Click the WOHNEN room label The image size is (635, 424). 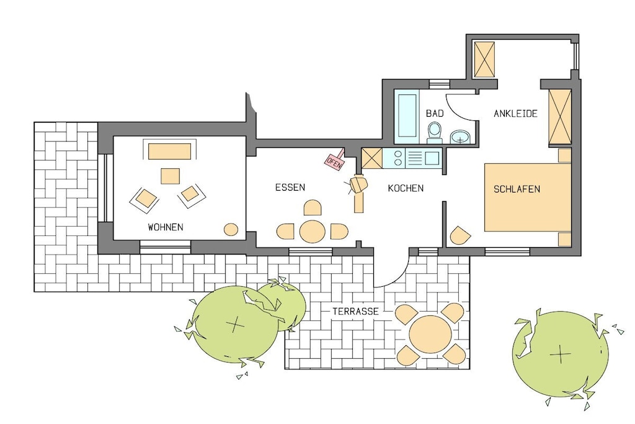pos(165,227)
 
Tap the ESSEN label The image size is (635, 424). pos(290,187)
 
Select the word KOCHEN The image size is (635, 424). pos(406,188)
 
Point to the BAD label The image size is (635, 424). pos(435,113)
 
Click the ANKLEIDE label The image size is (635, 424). pos(515,114)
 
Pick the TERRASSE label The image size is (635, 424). pos(355,311)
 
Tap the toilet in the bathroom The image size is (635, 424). pos(435,133)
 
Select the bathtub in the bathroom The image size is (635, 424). pos(407,116)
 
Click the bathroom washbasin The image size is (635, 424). pos(461,137)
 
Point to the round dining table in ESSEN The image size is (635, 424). pos(313,232)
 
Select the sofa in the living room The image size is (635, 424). pos(170,151)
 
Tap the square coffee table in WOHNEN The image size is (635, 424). pos(170,176)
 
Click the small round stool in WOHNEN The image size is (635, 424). pos(231,230)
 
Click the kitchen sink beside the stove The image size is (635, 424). pos(423,158)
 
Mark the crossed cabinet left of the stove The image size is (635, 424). pos(372,158)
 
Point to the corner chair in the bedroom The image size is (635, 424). pos(460,235)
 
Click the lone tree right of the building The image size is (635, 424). pos(560,354)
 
